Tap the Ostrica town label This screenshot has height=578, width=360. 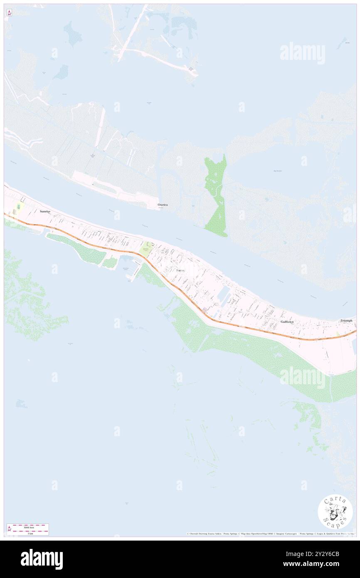tap(163, 205)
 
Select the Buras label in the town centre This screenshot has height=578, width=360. tap(180, 270)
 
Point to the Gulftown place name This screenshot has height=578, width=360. tap(287, 322)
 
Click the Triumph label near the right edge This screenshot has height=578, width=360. tap(346, 321)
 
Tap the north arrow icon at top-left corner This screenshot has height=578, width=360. tap(9, 13)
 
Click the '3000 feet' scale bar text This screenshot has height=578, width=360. tap(28, 527)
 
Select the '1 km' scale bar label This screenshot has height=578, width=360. tap(28, 533)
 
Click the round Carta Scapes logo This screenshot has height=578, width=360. tap(335, 511)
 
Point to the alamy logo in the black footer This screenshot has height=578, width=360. tap(42, 559)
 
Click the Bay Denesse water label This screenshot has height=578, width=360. tap(278, 170)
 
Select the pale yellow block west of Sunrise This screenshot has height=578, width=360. tap(18, 207)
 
